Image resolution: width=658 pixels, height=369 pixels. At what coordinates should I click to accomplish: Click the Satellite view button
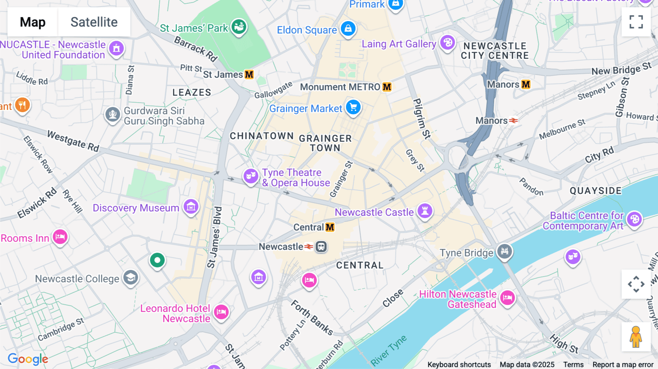[94, 22]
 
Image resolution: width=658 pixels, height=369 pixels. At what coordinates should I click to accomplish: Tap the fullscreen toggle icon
[636, 22]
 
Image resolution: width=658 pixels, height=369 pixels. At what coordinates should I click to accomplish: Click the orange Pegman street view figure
[636, 337]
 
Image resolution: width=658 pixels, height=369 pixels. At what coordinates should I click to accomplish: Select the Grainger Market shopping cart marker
[353, 107]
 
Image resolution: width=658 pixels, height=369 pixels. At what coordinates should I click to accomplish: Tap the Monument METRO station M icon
[387, 87]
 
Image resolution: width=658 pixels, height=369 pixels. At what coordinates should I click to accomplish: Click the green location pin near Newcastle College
[158, 260]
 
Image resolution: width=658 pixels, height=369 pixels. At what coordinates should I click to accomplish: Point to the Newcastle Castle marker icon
[425, 211]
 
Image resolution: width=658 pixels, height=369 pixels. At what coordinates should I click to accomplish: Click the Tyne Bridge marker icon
[504, 251]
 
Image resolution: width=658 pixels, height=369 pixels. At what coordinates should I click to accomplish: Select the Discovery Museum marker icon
[191, 207]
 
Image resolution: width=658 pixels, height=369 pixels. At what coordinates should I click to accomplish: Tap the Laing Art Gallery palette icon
[447, 43]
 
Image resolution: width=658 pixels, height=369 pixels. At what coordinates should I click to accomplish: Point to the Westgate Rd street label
[73, 141]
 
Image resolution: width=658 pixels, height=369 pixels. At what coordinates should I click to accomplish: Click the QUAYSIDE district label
[595, 191]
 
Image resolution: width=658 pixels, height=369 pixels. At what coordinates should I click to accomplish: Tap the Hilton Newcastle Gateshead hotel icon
[507, 298]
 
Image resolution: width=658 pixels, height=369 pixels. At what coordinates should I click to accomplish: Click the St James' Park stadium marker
[239, 27]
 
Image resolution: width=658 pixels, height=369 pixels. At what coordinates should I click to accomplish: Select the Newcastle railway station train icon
[321, 247]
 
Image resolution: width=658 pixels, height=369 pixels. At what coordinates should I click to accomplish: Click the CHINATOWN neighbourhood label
[262, 136]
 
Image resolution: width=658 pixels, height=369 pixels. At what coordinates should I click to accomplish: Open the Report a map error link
[623, 365]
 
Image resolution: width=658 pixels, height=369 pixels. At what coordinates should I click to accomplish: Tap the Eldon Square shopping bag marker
[348, 28]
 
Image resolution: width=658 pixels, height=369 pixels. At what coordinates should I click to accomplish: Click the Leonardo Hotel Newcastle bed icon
[221, 312]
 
